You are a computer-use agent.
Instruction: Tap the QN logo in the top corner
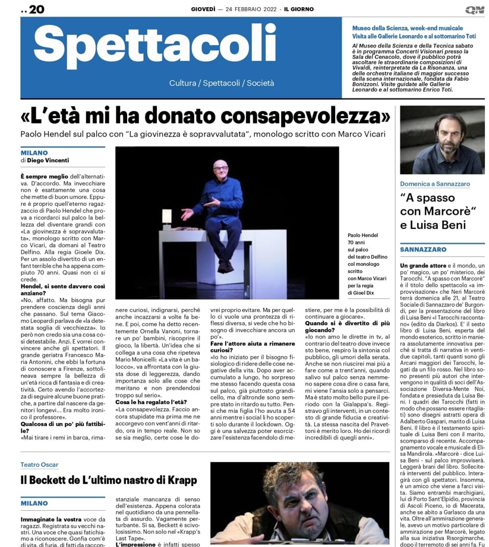pyautogui.click(x=474, y=9)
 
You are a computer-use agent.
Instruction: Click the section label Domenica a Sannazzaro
pyautogui.click(x=434, y=184)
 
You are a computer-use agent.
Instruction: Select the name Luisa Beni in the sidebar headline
pyautogui.click(x=443, y=225)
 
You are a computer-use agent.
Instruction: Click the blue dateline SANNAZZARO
pyautogui.click(x=424, y=250)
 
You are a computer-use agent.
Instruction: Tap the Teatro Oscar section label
pyautogui.click(x=40, y=464)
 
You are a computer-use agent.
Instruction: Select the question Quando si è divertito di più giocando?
pyautogui.click(x=342, y=326)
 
